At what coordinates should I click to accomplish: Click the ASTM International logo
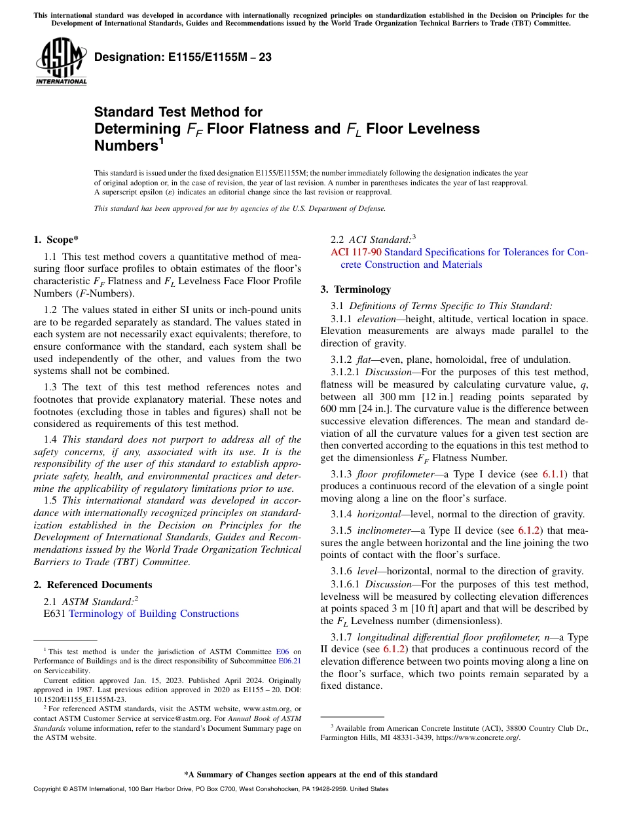coord(61,62)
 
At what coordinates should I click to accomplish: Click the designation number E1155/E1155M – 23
coord(183,57)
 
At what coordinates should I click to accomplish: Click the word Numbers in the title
coord(125,146)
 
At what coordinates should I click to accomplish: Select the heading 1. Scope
coord(56,240)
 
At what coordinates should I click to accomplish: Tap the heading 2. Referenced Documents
coord(93,585)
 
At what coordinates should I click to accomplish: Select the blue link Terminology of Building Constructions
coord(153,614)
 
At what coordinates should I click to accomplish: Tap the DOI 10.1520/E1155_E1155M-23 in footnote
coord(79,699)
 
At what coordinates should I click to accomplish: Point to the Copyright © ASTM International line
coord(210,789)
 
